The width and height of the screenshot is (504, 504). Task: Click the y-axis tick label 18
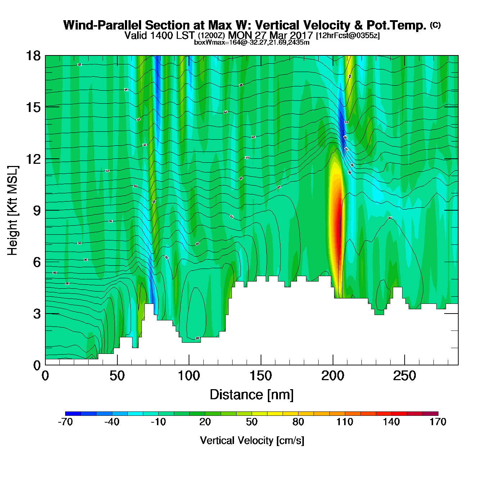(x=33, y=56)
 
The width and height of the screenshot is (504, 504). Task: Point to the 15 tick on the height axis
(x=33, y=107)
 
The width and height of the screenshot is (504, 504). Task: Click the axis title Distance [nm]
(x=252, y=395)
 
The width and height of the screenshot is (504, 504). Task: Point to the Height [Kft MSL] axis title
(x=13, y=211)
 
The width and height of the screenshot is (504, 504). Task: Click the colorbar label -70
(x=65, y=422)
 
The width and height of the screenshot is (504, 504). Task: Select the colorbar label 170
(x=438, y=422)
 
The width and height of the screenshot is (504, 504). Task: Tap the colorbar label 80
(x=298, y=422)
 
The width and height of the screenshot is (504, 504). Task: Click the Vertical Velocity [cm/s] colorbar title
(x=252, y=441)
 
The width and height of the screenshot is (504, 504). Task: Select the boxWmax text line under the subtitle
(x=252, y=42)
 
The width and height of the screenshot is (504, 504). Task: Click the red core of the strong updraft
(x=338, y=230)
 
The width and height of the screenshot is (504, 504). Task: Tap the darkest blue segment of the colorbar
(x=73, y=413)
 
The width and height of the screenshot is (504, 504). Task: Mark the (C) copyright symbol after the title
(x=435, y=25)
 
